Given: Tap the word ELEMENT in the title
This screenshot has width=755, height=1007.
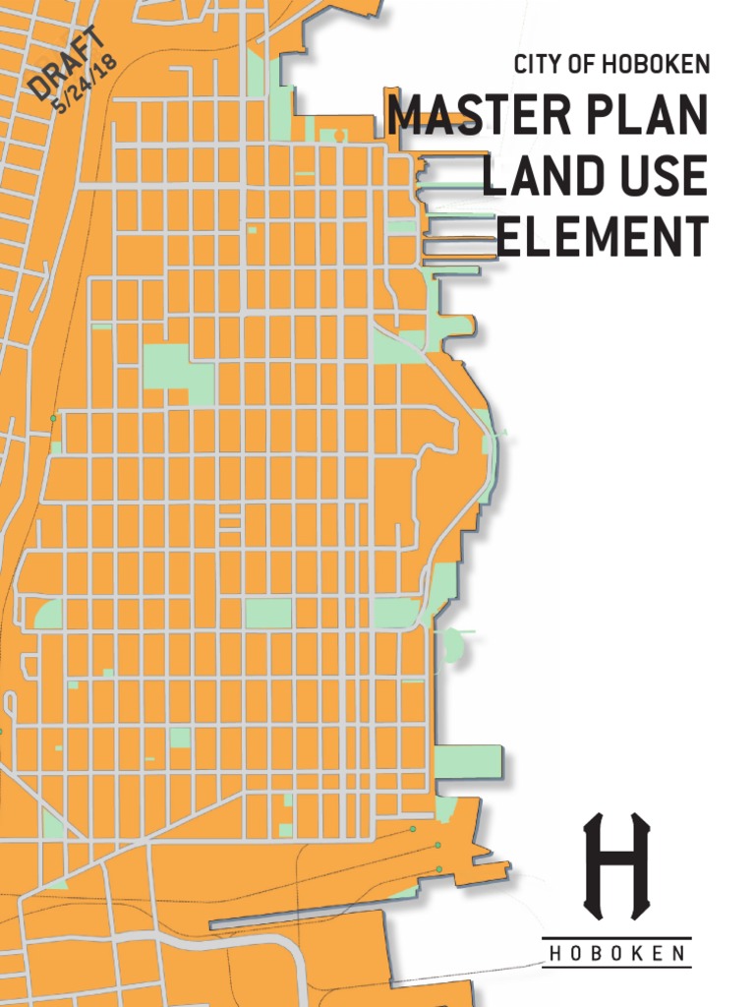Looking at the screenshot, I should (x=602, y=237).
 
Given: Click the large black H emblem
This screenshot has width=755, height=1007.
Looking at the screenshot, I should (x=616, y=866).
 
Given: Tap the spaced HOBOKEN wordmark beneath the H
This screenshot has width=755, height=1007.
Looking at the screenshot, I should (x=616, y=953).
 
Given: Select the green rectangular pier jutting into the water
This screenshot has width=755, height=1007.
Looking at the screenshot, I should (x=468, y=762).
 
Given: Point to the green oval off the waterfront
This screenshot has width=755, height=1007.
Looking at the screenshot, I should (x=451, y=645).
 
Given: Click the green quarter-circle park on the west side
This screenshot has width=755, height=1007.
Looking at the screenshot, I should (x=48, y=614).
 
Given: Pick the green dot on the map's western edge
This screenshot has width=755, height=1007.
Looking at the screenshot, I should (x=53, y=419).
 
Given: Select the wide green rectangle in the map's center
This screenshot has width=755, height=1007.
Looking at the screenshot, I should (x=268, y=613).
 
